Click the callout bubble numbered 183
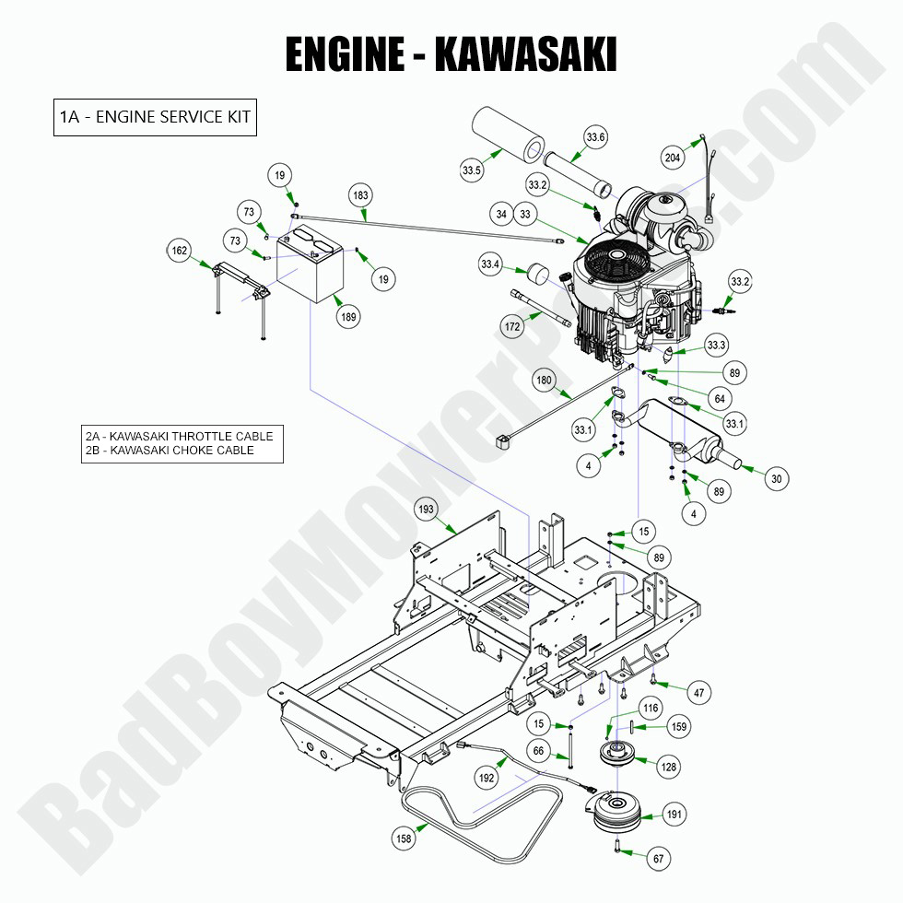click(x=360, y=195)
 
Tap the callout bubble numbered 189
click(x=349, y=317)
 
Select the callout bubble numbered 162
click(x=181, y=250)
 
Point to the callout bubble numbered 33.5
click(x=472, y=170)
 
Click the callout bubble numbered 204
click(x=674, y=158)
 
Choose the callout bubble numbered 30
click(x=777, y=478)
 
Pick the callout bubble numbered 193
click(x=427, y=510)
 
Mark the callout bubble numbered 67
click(x=658, y=859)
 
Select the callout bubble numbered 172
click(x=512, y=326)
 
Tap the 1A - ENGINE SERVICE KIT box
click(x=154, y=117)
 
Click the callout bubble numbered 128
click(x=666, y=765)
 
